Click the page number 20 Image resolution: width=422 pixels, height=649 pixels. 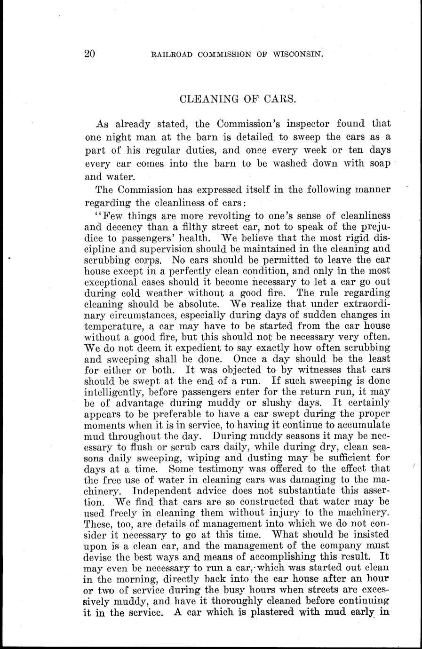90,54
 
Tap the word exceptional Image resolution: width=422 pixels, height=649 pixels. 112,282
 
